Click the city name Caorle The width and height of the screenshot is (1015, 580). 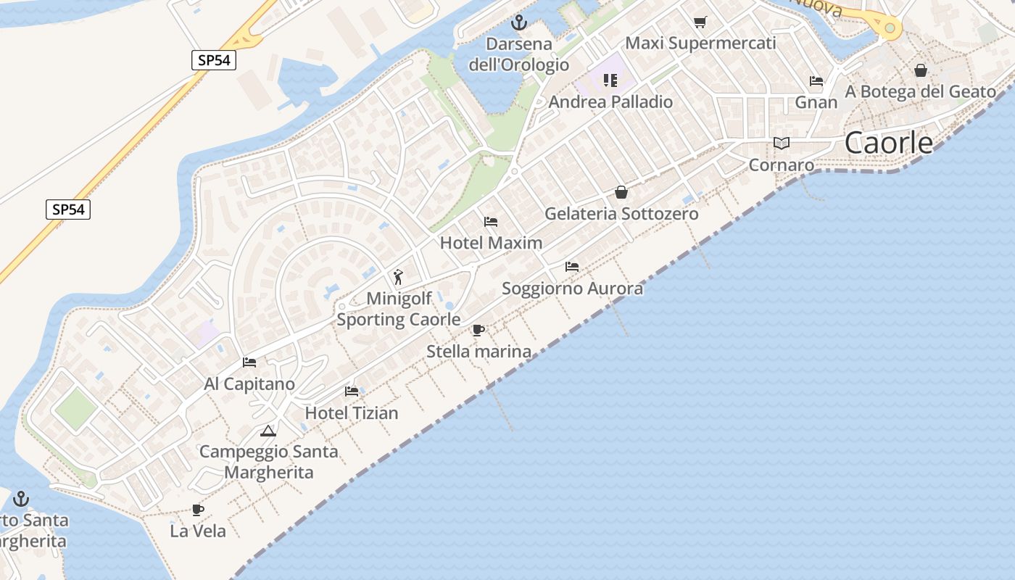[x=889, y=143]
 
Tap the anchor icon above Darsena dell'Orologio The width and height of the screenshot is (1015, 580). [x=518, y=22]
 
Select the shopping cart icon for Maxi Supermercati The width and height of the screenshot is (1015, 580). [x=700, y=22]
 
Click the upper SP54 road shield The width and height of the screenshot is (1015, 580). [x=214, y=60]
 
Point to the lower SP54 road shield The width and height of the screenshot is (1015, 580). [x=69, y=210]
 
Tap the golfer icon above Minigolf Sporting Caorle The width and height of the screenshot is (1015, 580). [x=397, y=277]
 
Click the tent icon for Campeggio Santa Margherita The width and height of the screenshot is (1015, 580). [x=268, y=431]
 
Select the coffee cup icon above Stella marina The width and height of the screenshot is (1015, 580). [x=478, y=331]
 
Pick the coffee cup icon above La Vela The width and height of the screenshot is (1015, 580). [x=198, y=510]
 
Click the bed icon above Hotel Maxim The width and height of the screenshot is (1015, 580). [x=491, y=221]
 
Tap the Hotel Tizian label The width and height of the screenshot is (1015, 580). [x=352, y=413]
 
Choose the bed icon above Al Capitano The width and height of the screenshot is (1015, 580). [x=249, y=362]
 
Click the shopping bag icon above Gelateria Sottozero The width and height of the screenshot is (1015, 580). [x=621, y=192]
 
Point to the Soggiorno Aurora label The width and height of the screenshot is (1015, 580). [x=572, y=289]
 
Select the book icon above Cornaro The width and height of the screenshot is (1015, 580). [x=781, y=143]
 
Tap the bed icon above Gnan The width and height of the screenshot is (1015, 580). [x=816, y=81]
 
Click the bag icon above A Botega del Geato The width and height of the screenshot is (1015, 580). [x=920, y=70]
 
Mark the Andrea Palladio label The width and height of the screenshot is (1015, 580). [x=610, y=102]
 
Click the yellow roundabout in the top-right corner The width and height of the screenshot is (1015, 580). [x=889, y=28]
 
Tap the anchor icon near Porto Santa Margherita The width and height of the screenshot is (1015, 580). [x=21, y=498]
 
